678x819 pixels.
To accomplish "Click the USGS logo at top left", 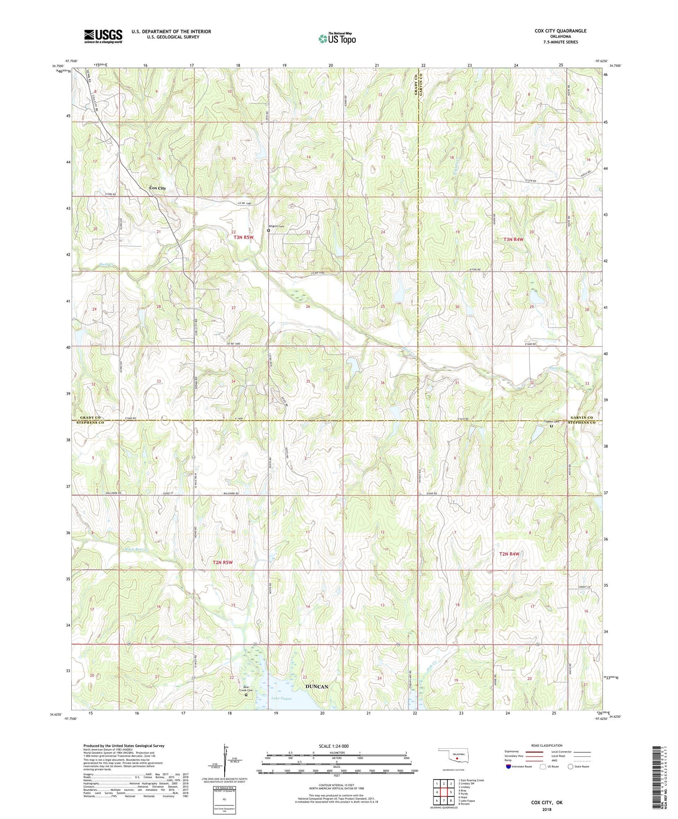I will tap(103, 36).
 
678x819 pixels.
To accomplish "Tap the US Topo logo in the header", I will tap(337, 38).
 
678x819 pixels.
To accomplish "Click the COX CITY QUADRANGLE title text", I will tap(560, 31).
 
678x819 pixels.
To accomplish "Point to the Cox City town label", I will tap(157, 188).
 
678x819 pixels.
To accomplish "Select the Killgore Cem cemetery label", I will tap(276, 227).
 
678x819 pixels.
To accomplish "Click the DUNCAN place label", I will tap(317, 687).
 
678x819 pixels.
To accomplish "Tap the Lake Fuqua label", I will tap(282, 698).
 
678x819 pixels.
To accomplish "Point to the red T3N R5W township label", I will tap(244, 237).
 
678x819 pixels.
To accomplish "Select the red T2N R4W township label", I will tap(509, 554).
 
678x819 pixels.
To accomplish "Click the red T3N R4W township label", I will tap(513, 240).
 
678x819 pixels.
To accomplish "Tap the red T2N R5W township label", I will tap(222, 562).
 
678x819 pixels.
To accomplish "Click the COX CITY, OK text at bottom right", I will tap(547, 803).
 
